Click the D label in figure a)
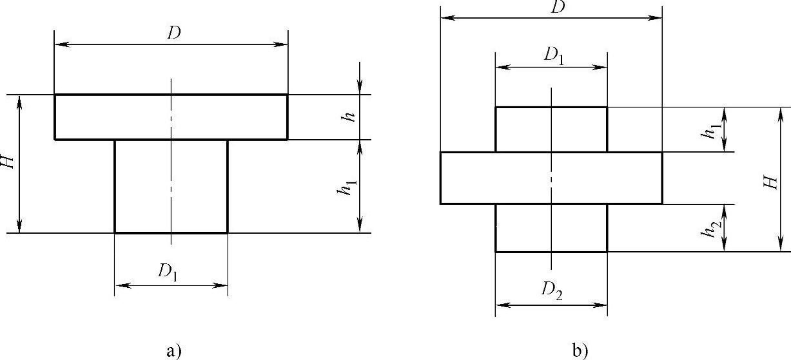[173, 33]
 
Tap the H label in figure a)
[8, 164]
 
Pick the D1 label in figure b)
[553, 55]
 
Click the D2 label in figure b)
[552, 292]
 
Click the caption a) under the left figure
[174, 351]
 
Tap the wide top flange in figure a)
[171, 117]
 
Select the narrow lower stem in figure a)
[171, 186]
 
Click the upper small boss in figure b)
[551, 129]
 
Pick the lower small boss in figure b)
[551, 228]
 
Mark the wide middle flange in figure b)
[551, 178]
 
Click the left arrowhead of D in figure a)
[59, 44]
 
